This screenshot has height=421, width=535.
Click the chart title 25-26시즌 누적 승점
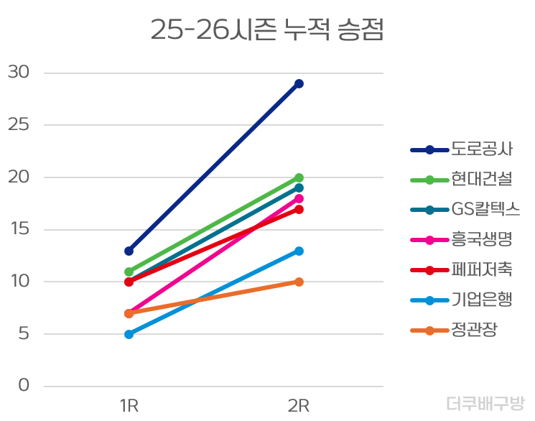click(x=267, y=30)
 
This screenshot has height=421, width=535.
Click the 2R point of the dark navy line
click(x=299, y=83)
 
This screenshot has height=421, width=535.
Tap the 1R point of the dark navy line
click(x=129, y=251)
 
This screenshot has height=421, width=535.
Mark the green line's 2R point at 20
click(x=299, y=177)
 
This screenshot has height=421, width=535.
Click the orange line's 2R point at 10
click(x=299, y=282)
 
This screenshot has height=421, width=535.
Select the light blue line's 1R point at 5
click(x=129, y=334)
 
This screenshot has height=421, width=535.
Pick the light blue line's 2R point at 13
click(x=299, y=251)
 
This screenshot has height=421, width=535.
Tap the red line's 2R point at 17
click(x=299, y=209)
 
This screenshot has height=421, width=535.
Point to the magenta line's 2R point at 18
click(x=299, y=198)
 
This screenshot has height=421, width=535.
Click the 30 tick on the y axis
click(x=19, y=73)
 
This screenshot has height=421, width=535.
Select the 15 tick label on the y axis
click(x=19, y=229)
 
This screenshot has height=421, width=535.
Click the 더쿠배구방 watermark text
click(x=485, y=404)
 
